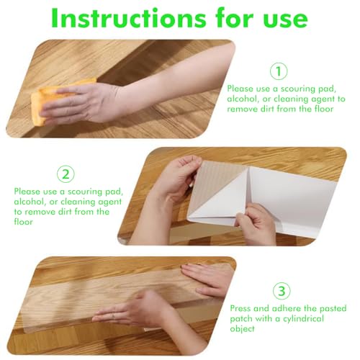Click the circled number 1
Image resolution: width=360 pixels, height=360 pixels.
pyautogui.click(x=279, y=71)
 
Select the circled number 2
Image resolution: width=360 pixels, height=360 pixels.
pyautogui.click(x=66, y=174)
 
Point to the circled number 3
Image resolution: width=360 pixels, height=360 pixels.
pyautogui.click(x=282, y=291)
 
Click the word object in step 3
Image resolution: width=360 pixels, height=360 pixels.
pyautogui.click(x=243, y=329)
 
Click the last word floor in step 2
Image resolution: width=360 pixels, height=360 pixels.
pyautogui.click(x=23, y=222)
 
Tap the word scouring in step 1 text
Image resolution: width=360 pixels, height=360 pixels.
pyautogui.click(x=298, y=89)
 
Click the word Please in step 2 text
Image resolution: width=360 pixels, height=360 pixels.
pyautogui.click(x=27, y=192)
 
